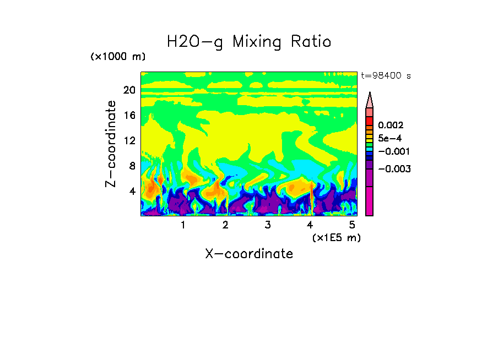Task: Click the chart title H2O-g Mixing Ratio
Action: [249, 42]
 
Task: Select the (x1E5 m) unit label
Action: [336, 237]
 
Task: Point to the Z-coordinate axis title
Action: [112, 144]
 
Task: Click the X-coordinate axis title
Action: [249, 254]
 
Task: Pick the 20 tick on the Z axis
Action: [129, 90]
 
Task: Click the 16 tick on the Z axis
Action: [129, 116]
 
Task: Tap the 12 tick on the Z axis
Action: [129, 141]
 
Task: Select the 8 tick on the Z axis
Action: [132, 166]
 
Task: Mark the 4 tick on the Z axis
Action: [132, 192]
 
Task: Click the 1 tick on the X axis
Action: [183, 225]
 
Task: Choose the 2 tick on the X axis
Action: [225, 225]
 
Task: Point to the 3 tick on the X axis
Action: [268, 225]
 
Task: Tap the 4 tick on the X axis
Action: [310, 225]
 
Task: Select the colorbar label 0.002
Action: [391, 126]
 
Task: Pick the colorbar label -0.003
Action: [394, 168]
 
